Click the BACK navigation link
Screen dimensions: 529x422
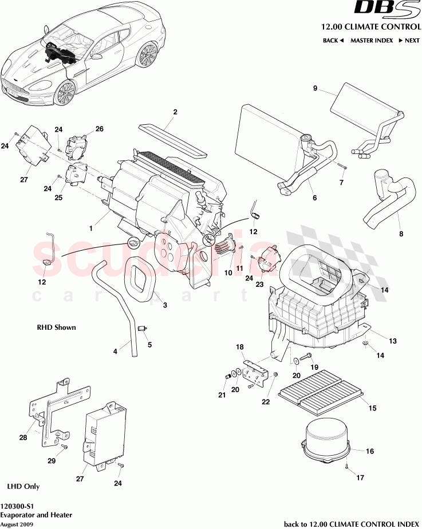pyautogui.click(x=333, y=41)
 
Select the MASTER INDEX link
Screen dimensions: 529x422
pyautogui.click(x=372, y=41)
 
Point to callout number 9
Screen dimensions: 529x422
pyautogui.click(x=315, y=88)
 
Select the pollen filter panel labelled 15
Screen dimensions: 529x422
pyautogui.click(x=321, y=396)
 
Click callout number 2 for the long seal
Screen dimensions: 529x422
pyautogui.click(x=175, y=112)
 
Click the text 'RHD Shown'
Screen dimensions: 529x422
pyautogui.click(x=56, y=327)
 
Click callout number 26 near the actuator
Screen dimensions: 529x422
pyautogui.click(x=99, y=129)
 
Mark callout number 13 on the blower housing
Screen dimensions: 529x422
pyautogui.click(x=393, y=341)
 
